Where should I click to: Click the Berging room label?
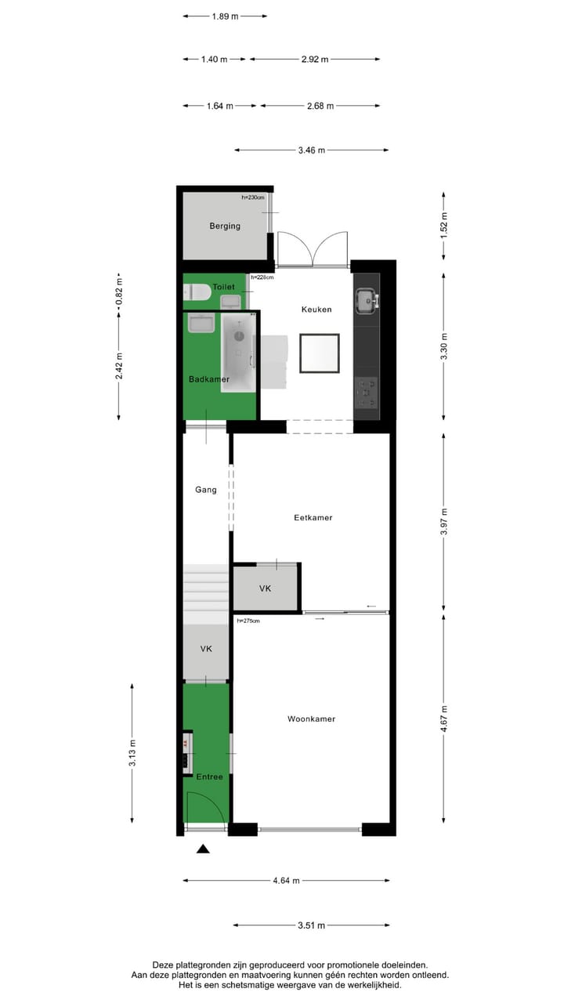coord(224,226)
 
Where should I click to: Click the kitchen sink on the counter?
coord(365,298)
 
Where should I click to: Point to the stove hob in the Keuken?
coord(365,393)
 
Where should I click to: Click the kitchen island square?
coord(320,353)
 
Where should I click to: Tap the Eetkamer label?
coord(313,518)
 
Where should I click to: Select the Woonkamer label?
coord(311,719)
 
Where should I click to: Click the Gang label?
coord(206,490)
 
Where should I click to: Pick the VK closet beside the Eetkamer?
coord(266,588)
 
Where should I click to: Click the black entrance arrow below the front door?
coord(204,849)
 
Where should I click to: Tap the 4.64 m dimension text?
coord(286,881)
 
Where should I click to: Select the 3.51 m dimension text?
coord(311,925)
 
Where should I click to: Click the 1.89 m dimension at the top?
coord(225,16)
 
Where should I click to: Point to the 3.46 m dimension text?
coord(311,150)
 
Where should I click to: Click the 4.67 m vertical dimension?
coord(444,719)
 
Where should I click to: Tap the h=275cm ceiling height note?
coord(248,621)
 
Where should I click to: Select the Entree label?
coord(209,777)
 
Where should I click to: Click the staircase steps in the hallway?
coord(206,596)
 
